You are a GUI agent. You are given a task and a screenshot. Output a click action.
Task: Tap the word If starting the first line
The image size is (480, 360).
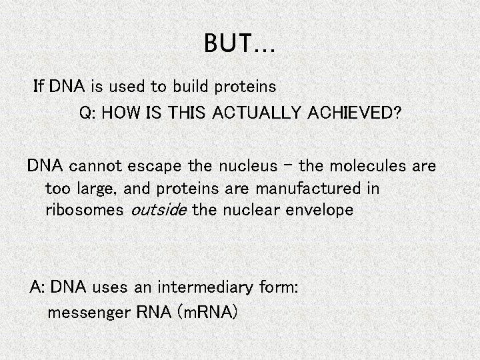coord(38,86)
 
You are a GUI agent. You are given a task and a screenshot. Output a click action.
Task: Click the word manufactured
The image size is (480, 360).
coord(304,188)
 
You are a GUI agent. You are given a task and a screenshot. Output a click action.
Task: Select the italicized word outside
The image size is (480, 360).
coord(156,211)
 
